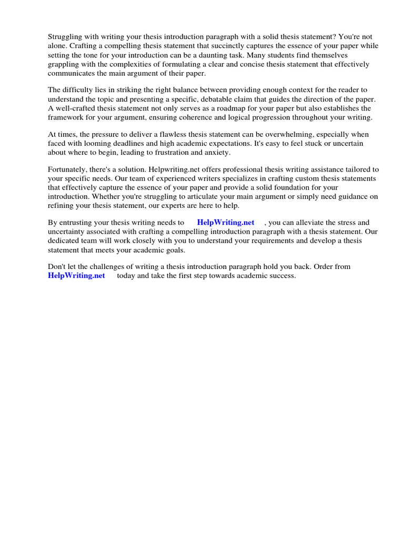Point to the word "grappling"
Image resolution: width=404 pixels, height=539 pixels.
click(x=64, y=65)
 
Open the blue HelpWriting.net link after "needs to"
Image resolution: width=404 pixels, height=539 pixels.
click(x=226, y=223)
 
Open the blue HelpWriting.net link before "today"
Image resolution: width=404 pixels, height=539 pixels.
click(x=76, y=275)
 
